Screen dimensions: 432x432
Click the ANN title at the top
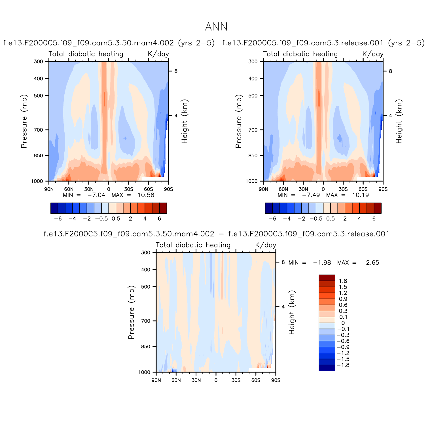click(x=216, y=27)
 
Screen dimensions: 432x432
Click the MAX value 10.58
click(x=146, y=195)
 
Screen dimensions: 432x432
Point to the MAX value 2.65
click(x=372, y=262)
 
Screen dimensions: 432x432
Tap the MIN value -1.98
click(x=322, y=262)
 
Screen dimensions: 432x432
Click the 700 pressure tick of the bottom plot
click(x=146, y=321)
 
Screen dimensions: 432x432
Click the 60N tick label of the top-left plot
click(x=69, y=189)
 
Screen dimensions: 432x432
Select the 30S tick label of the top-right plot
click(x=343, y=189)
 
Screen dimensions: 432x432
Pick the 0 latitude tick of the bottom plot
click(x=216, y=380)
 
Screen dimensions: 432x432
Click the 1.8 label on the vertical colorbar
click(x=343, y=281)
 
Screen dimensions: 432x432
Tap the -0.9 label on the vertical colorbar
click(x=343, y=347)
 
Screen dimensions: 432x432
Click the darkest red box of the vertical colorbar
click(x=327, y=278)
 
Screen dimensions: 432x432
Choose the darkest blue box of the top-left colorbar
click(x=54, y=208)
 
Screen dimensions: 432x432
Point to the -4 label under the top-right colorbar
click(x=287, y=219)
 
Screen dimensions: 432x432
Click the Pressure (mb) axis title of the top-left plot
click(x=24, y=121)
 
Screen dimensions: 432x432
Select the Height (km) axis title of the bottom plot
click(x=292, y=312)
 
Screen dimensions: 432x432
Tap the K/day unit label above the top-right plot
click(x=373, y=54)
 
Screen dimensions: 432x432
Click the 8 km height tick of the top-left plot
click(x=176, y=71)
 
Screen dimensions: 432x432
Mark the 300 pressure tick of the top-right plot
click(x=253, y=62)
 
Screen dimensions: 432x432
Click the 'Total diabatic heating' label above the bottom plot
click(x=193, y=245)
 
